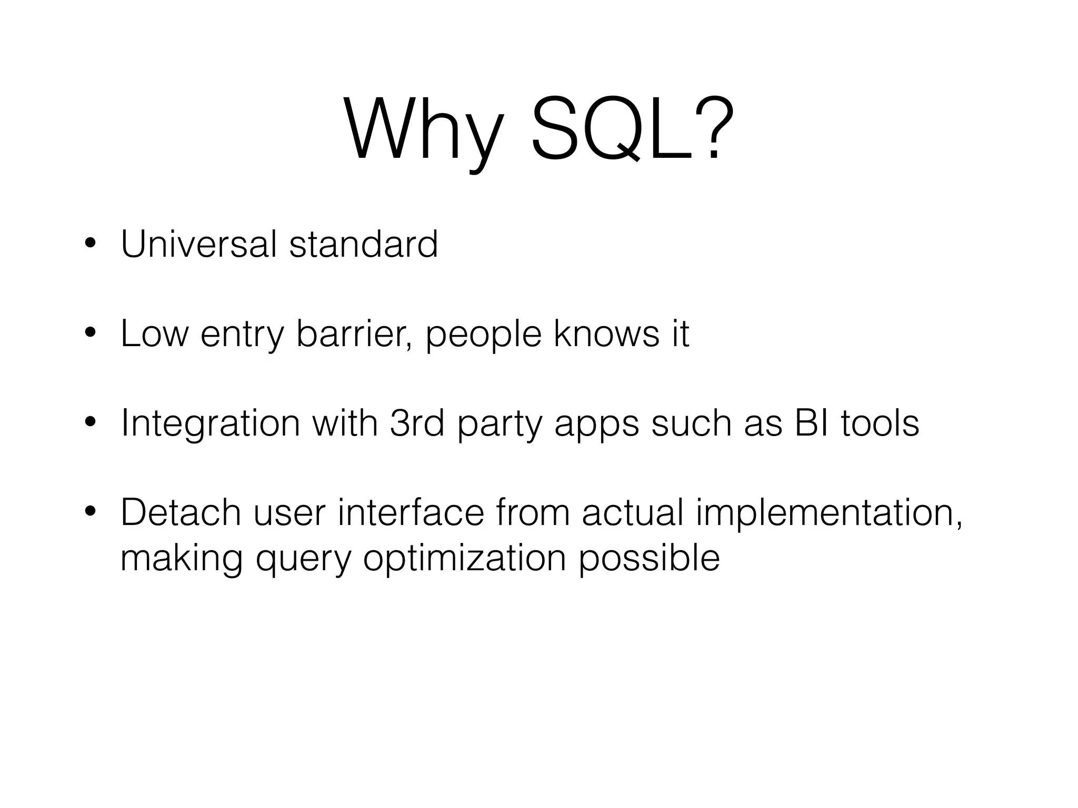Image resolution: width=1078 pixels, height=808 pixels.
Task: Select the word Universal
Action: point(198,244)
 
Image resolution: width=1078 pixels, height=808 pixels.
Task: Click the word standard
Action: point(363,244)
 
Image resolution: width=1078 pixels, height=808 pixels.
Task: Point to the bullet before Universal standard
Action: point(91,244)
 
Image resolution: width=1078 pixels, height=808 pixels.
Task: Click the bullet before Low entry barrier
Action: point(91,334)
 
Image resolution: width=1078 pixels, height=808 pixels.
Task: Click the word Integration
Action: point(210,423)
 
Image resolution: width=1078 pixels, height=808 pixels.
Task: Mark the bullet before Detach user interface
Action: point(91,512)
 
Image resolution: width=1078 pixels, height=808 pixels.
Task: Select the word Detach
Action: point(181,512)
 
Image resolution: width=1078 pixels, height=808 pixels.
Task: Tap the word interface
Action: point(411,512)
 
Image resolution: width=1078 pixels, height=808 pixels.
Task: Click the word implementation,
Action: point(829,513)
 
